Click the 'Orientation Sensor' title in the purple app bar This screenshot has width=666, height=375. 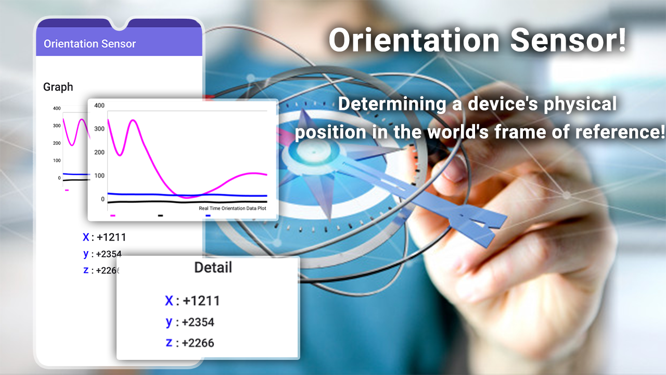click(x=89, y=44)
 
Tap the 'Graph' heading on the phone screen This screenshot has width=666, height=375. click(x=58, y=87)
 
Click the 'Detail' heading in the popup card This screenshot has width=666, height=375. click(x=213, y=267)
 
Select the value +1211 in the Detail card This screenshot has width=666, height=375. click(x=201, y=301)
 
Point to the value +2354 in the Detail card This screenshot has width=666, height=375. click(x=198, y=322)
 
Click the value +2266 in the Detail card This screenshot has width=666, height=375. click(x=198, y=343)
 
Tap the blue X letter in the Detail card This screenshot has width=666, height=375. click(x=169, y=301)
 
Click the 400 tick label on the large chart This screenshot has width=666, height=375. click(x=99, y=105)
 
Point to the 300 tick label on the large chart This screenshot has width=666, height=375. click(x=99, y=129)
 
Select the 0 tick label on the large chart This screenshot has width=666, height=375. click(x=103, y=199)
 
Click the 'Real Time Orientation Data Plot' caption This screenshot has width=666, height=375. click(x=233, y=208)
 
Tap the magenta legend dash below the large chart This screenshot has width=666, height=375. click(x=113, y=216)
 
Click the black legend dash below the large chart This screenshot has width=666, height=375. click(x=160, y=216)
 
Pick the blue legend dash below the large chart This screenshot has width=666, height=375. click(x=208, y=216)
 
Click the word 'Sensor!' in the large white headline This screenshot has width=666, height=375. click(x=568, y=41)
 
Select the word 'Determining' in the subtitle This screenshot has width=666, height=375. click(x=392, y=104)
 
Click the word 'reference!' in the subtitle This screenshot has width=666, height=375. click(x=620, y=132)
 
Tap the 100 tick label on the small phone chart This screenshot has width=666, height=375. click(x=57, y=161)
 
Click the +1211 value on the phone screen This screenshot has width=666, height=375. click(x=111, y=238)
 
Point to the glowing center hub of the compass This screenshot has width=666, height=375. click(x=314, y=152)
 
